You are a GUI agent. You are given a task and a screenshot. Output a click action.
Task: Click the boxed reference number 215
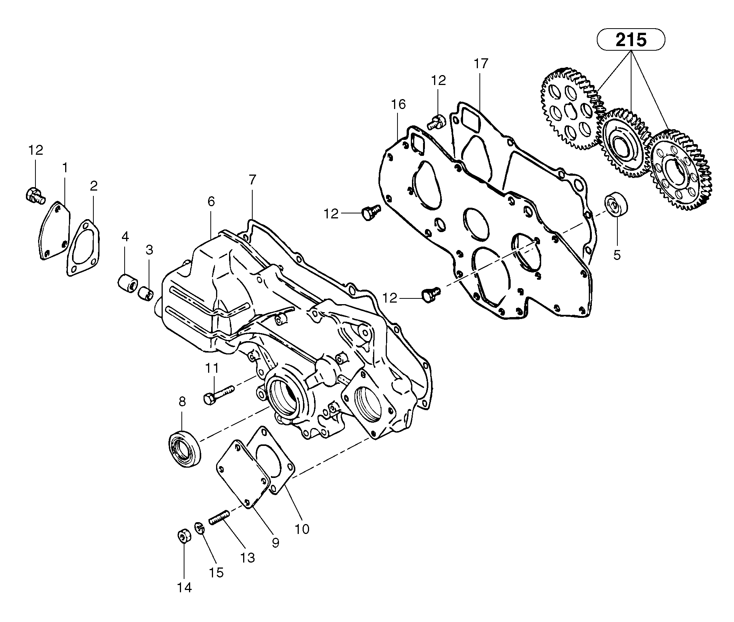[631, 40]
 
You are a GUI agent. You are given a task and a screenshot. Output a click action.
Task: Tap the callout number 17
[481, 64]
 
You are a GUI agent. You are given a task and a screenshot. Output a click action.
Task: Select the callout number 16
[398, 104]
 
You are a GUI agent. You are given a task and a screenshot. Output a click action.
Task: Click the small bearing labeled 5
[616, 205]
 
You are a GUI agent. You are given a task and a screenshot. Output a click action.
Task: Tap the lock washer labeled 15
[200, 528]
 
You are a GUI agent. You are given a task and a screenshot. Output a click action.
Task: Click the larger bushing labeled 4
[127, 284]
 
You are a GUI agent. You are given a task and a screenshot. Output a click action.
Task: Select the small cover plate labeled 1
[55, 231]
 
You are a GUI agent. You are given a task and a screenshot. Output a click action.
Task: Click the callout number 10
[302, 529]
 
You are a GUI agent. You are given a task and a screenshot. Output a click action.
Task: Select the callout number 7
[252, 180]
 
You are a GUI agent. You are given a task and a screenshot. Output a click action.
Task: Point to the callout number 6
[211, 201]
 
